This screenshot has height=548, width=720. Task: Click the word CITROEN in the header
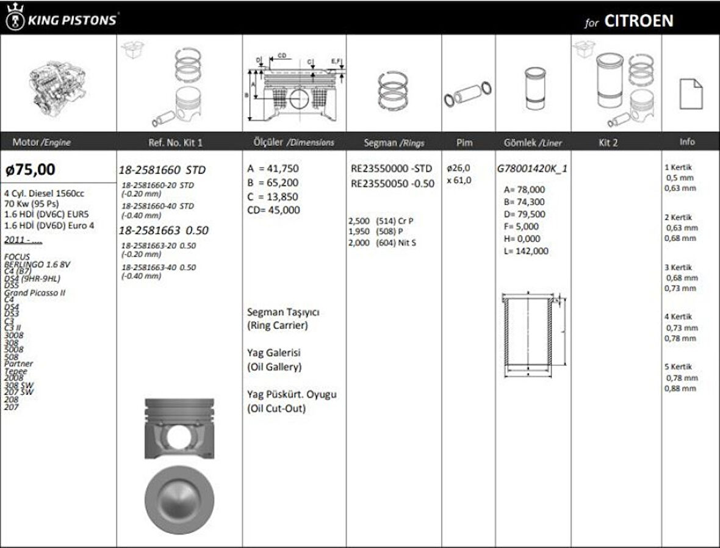click(638, 21)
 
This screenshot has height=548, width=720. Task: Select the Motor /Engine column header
click(41, 142)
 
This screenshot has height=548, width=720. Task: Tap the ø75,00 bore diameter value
click(31, 169)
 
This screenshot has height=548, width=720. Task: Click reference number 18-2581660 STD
click(162, 170)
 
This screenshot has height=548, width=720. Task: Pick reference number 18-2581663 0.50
click(163, 230)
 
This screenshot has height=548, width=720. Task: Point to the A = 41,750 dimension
click(273, 169)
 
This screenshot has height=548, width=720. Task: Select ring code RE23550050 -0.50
click(392, 184)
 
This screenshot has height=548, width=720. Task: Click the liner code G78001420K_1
click(533, 168)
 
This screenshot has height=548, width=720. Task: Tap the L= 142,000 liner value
click(526, 251)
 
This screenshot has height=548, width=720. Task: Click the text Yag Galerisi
click(274, 353)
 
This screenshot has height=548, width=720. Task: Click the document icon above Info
click(691, 94)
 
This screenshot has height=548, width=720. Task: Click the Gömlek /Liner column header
click(533, 142)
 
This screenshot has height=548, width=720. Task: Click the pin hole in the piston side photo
click(180, 435)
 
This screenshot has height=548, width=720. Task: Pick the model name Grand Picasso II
click(35, 293)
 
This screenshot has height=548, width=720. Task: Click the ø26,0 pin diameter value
click(458, 168)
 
